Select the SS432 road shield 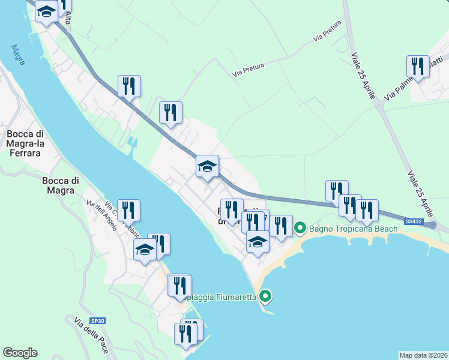click(x=414, y=222)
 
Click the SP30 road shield click(x=98, y=321)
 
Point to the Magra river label click(x=17, y=55)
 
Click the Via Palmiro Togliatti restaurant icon click(x=418, y=67)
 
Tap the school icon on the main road click(x=207, y=166)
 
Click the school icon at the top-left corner click(x=46, y=11)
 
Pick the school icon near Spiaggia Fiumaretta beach click(x=258, y=242)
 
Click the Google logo click(x=20, y=353)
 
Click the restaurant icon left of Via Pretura click(x=170, y=112)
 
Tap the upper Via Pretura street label click(x=327, y=32)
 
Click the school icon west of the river click(x=145, y=250)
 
